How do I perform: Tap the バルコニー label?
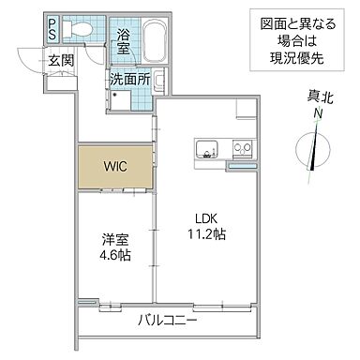167,321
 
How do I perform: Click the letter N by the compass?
319,113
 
